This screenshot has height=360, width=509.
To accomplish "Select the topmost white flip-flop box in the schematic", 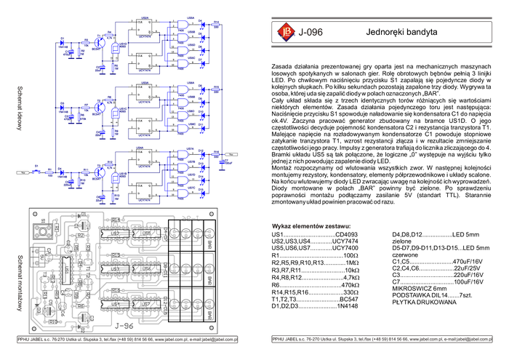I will point(141,27).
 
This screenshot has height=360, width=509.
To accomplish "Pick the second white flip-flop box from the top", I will point(141,60).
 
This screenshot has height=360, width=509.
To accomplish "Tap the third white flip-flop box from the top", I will point(141,92).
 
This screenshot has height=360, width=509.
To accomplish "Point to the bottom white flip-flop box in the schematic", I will point(141,191).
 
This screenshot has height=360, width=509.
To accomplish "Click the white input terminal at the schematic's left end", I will point(23,172).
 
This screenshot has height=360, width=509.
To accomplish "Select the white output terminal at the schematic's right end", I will point(231,153).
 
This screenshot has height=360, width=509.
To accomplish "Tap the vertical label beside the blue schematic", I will point(20,108).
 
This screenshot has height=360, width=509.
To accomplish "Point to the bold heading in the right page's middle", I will point(310,227).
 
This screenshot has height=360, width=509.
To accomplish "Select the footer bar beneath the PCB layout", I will point(127,340).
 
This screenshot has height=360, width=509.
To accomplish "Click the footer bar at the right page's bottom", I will point(382,340).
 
